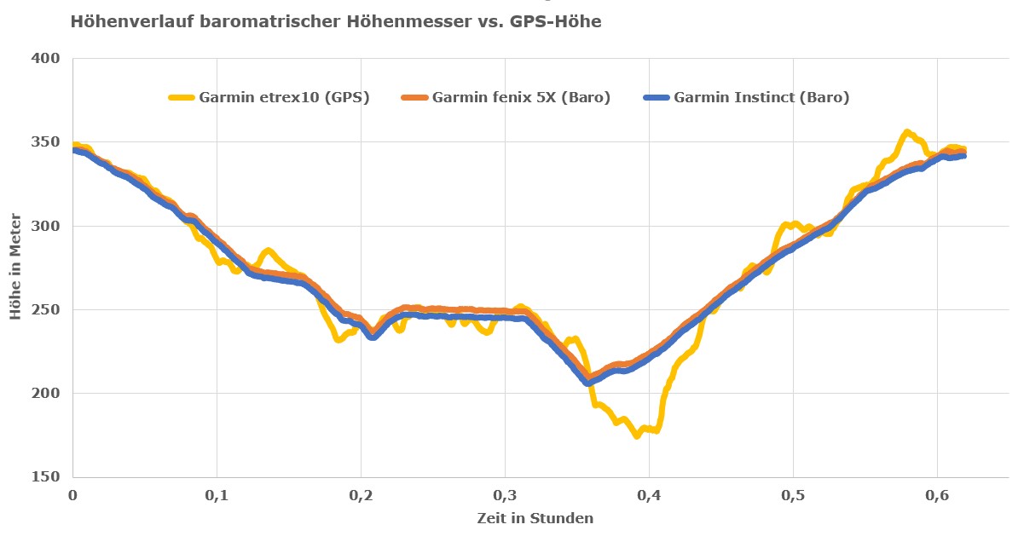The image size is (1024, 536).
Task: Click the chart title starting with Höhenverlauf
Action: point(336,22)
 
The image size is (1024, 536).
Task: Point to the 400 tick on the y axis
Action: point(47,59)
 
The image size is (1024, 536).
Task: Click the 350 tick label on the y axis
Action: point(47,142)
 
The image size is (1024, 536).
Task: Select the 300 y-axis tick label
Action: point(47,226)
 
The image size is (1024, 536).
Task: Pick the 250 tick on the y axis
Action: point(47,309)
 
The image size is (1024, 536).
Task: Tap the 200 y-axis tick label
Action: point(47,393)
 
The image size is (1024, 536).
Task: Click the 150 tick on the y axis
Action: point(47,476)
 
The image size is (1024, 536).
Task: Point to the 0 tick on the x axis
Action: point(73,494)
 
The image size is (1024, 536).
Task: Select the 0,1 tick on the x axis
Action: point(217,494)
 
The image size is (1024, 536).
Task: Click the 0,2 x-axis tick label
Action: point(361,494)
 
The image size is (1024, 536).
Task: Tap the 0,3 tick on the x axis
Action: point(505,494)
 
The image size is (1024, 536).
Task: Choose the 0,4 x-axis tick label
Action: point(649,494)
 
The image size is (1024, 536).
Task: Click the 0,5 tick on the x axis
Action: point(793,494)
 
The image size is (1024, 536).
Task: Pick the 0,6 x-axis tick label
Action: point(937,494)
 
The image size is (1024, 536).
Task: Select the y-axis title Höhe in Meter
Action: point(17,268)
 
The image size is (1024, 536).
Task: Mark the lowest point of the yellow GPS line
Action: point(637,435)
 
